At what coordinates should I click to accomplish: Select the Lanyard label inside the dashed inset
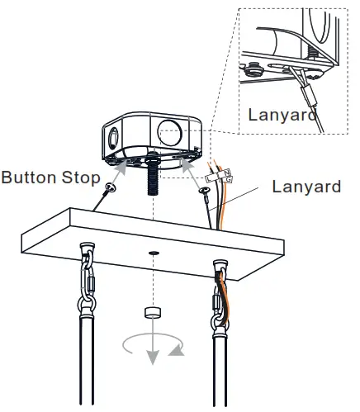282,114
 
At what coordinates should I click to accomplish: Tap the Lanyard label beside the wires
306,187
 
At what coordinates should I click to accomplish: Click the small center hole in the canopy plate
153,251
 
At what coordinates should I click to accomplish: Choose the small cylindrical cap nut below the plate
152,312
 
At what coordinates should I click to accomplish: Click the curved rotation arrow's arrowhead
177,353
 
